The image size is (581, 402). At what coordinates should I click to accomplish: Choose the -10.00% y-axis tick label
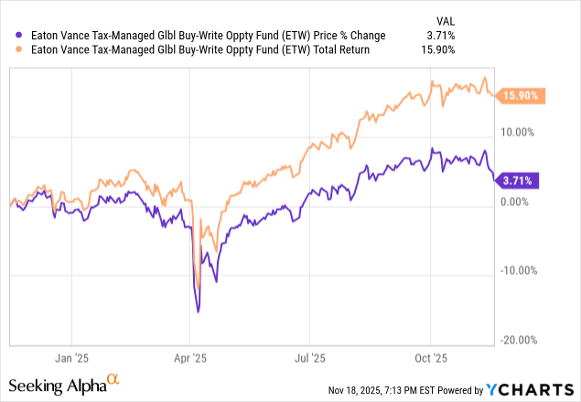(x=519, y=270)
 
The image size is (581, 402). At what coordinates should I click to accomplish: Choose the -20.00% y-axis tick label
(x=519, y=340)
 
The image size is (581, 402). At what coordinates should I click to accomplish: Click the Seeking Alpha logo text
(x=57, y=385)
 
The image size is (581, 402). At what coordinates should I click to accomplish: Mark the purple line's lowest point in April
(x=199, y=312)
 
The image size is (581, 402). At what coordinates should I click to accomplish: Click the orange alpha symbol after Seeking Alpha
(x=113, y=378)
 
